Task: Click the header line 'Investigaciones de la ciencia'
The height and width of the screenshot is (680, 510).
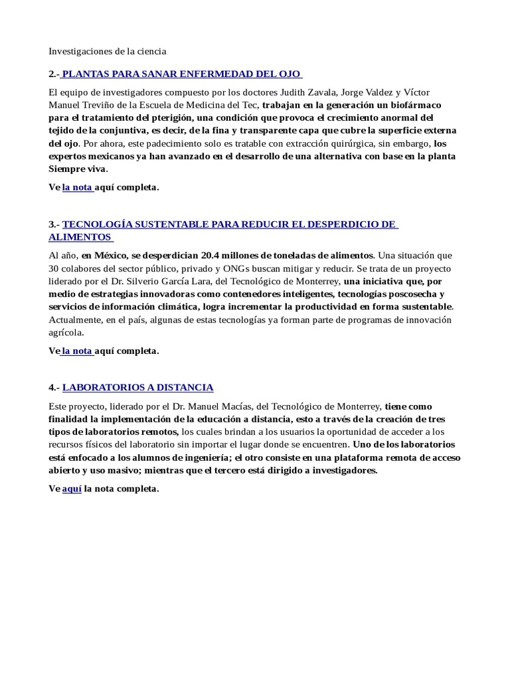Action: (108, 50)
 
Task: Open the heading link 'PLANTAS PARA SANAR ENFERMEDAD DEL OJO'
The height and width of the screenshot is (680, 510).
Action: (183, 73)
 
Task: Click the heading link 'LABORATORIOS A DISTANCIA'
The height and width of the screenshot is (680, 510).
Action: (138, 387)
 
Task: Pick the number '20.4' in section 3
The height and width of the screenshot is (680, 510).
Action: (214, 255)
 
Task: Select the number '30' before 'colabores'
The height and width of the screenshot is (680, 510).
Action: (54, 268)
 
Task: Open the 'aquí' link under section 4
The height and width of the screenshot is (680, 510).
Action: (72, 489)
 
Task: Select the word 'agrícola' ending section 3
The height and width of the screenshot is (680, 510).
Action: (66, 332)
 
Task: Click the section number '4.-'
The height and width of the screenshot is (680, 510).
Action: (54, 387)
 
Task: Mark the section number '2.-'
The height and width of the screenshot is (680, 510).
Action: (54, 73)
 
